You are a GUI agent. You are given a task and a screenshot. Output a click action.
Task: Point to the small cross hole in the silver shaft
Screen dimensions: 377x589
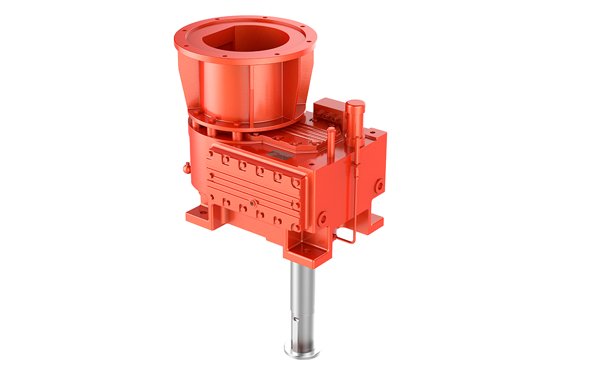click(298, 321)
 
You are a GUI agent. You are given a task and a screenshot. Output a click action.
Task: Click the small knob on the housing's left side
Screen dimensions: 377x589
click(185, 168)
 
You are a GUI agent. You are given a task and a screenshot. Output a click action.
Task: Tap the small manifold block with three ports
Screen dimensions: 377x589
click(328, 114)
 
